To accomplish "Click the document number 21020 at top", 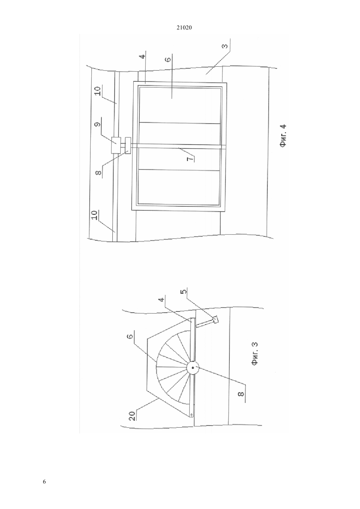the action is pyautogui.click(x=184, y=28).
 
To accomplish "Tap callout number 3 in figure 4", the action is pyautogui.click(x=225, y=46).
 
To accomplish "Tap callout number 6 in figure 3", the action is pyautogui.click(x=130, y=336).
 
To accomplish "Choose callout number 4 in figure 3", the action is pyautogui.click(x=161, y=300).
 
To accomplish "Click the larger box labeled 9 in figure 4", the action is pyautogui.click(x=116, y=145).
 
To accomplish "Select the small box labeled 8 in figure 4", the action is pyautogui.click(x=128, y=146).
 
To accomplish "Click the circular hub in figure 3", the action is pyautogui.click(x=193, y=368).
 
